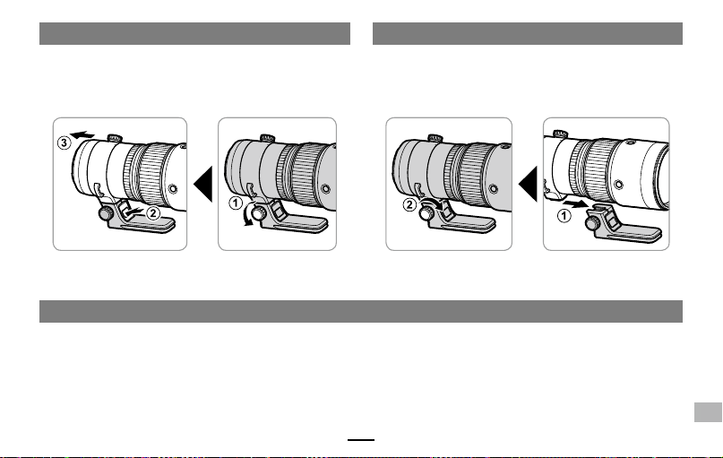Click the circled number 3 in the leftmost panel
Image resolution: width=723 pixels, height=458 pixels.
65,143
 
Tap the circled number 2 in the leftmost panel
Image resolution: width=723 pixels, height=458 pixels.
153,213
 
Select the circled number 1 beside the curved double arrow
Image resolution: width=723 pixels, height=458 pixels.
236,203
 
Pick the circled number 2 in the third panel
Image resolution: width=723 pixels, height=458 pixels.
409,204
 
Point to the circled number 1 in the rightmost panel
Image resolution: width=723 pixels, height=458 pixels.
564,215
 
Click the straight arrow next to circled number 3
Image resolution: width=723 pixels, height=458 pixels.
82,134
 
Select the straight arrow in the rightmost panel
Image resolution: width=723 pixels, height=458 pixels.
574,203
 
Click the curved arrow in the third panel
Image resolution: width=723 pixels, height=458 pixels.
435,204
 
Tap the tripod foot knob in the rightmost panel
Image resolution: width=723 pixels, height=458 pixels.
591,223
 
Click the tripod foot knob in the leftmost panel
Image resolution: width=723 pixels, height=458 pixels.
106,213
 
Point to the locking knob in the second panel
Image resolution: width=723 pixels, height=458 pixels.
259,213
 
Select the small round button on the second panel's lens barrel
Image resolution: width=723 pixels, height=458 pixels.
326,188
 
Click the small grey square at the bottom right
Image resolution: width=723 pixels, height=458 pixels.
708,412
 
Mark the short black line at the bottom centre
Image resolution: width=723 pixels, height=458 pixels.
361,440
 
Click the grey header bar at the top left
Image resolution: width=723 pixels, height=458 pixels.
194,34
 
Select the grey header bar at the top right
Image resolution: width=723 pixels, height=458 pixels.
528,34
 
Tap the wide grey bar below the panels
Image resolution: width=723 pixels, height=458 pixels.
361,311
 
